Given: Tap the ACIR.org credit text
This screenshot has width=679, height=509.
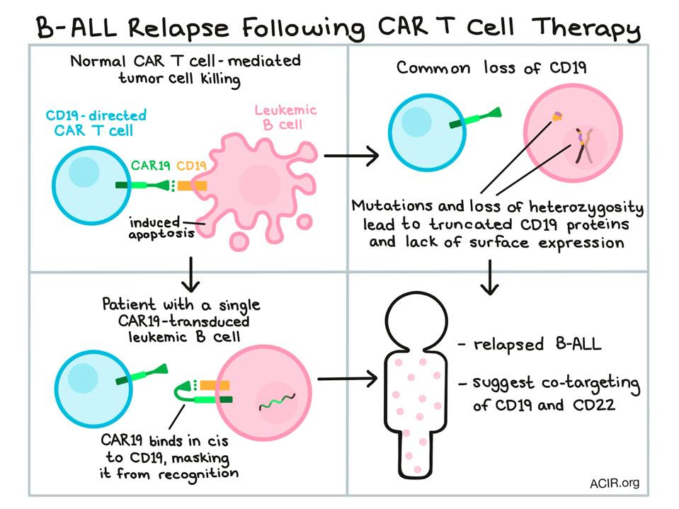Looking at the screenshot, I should pos(614,484).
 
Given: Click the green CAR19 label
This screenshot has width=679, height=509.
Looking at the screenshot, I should pos(151,166).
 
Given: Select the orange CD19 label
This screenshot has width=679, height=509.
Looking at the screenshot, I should pos(191,166).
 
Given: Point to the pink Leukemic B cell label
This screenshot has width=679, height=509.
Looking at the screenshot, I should pos(285,117).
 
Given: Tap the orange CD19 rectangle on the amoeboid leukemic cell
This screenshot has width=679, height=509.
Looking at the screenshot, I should pos(192,186).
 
